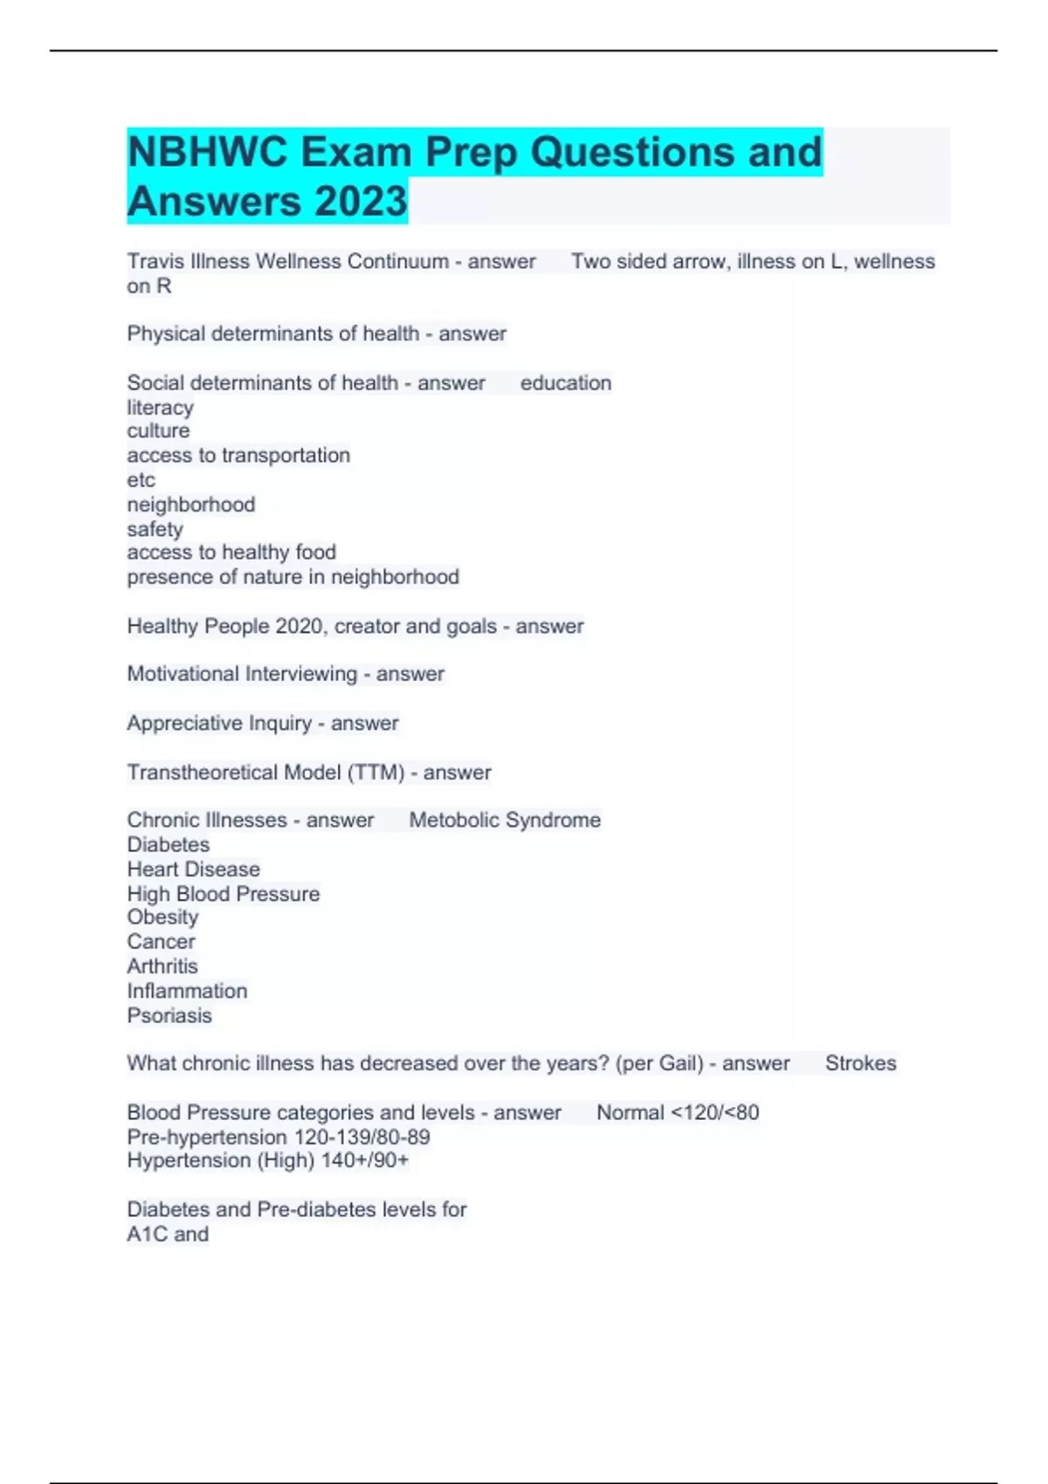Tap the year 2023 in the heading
(361, 201)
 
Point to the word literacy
(160, 408)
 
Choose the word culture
(158, 431)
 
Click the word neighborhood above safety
(191, 505)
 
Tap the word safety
(155, 529)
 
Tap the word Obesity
(162, 917)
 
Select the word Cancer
(161, 942)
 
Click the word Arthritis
(162, 966)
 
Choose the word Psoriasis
(169, 1015)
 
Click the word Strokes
(860, 1063)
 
